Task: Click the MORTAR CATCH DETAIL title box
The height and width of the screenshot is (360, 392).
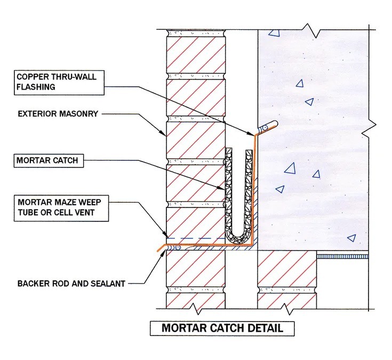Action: click(222, 328)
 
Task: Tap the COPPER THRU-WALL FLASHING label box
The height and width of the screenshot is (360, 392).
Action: click(59, 83)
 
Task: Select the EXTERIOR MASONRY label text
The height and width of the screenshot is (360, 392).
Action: click(58, 114)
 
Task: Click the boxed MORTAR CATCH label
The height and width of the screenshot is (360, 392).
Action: click(49, 161)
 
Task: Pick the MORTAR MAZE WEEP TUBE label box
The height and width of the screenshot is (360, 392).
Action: click(61, 208)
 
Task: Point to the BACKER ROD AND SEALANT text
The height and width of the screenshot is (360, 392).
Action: click(71, 284)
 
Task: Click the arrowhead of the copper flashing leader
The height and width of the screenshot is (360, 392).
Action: click(252, 134)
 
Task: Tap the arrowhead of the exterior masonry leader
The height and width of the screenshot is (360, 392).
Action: click(164, 133)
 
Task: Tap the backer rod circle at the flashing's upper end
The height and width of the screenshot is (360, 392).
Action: click(266, 128)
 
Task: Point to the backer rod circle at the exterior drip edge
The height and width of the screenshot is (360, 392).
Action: click(178, 247)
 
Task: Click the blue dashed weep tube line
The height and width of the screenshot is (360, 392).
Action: click(196, 238)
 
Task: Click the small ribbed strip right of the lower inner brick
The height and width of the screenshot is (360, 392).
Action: click(342, 257)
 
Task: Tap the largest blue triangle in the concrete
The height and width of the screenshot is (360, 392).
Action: click(291, 169)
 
